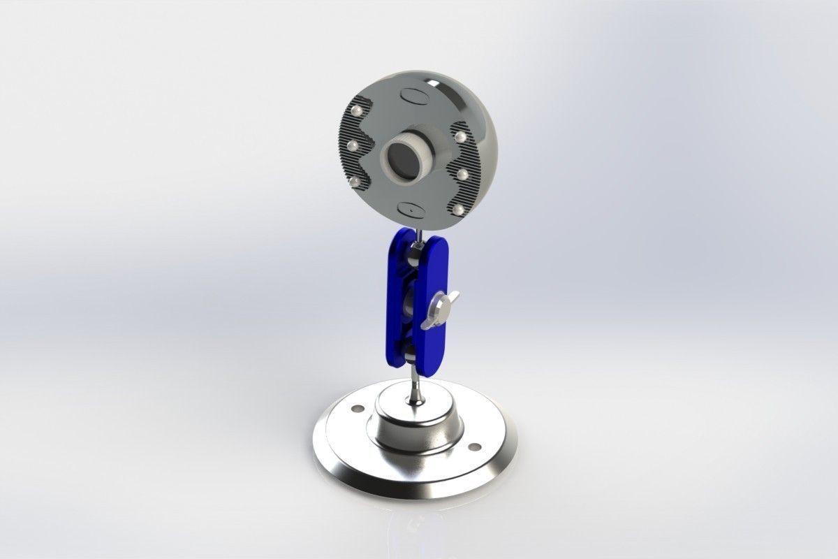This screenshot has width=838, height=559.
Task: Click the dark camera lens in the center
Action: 402,162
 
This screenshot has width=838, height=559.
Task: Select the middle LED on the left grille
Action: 353,145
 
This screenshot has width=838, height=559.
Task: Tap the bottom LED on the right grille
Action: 457,209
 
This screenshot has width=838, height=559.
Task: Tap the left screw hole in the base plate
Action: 358,408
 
